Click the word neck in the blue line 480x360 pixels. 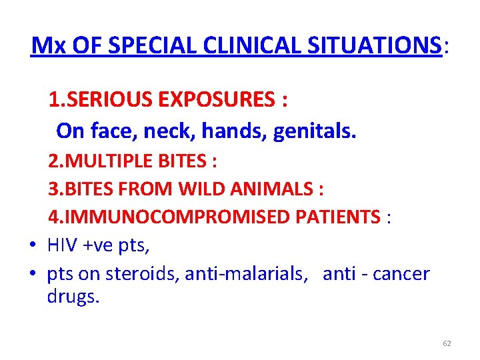176,131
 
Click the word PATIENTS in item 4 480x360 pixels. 347,217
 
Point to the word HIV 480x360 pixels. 62,245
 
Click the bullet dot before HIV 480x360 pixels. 33,246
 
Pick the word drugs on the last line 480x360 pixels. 73,297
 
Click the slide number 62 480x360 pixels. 447,343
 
